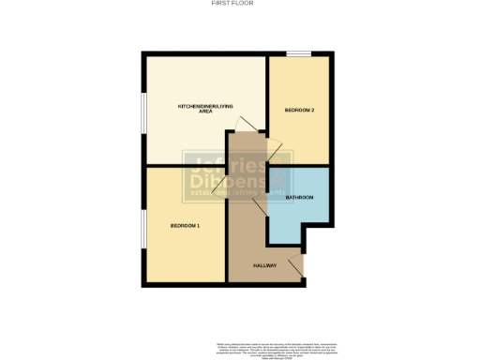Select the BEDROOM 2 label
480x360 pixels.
(x=299, y=111)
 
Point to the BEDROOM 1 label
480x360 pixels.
(x=185, y=226)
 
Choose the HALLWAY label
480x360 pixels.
(x=265, y=266)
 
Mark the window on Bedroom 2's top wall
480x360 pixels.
(x=299, y=54)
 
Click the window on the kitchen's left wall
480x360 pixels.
(x=142, y=117)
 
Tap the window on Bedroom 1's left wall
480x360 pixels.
(x=142, y=231)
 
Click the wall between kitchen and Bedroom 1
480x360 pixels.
(x=183, y=166)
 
